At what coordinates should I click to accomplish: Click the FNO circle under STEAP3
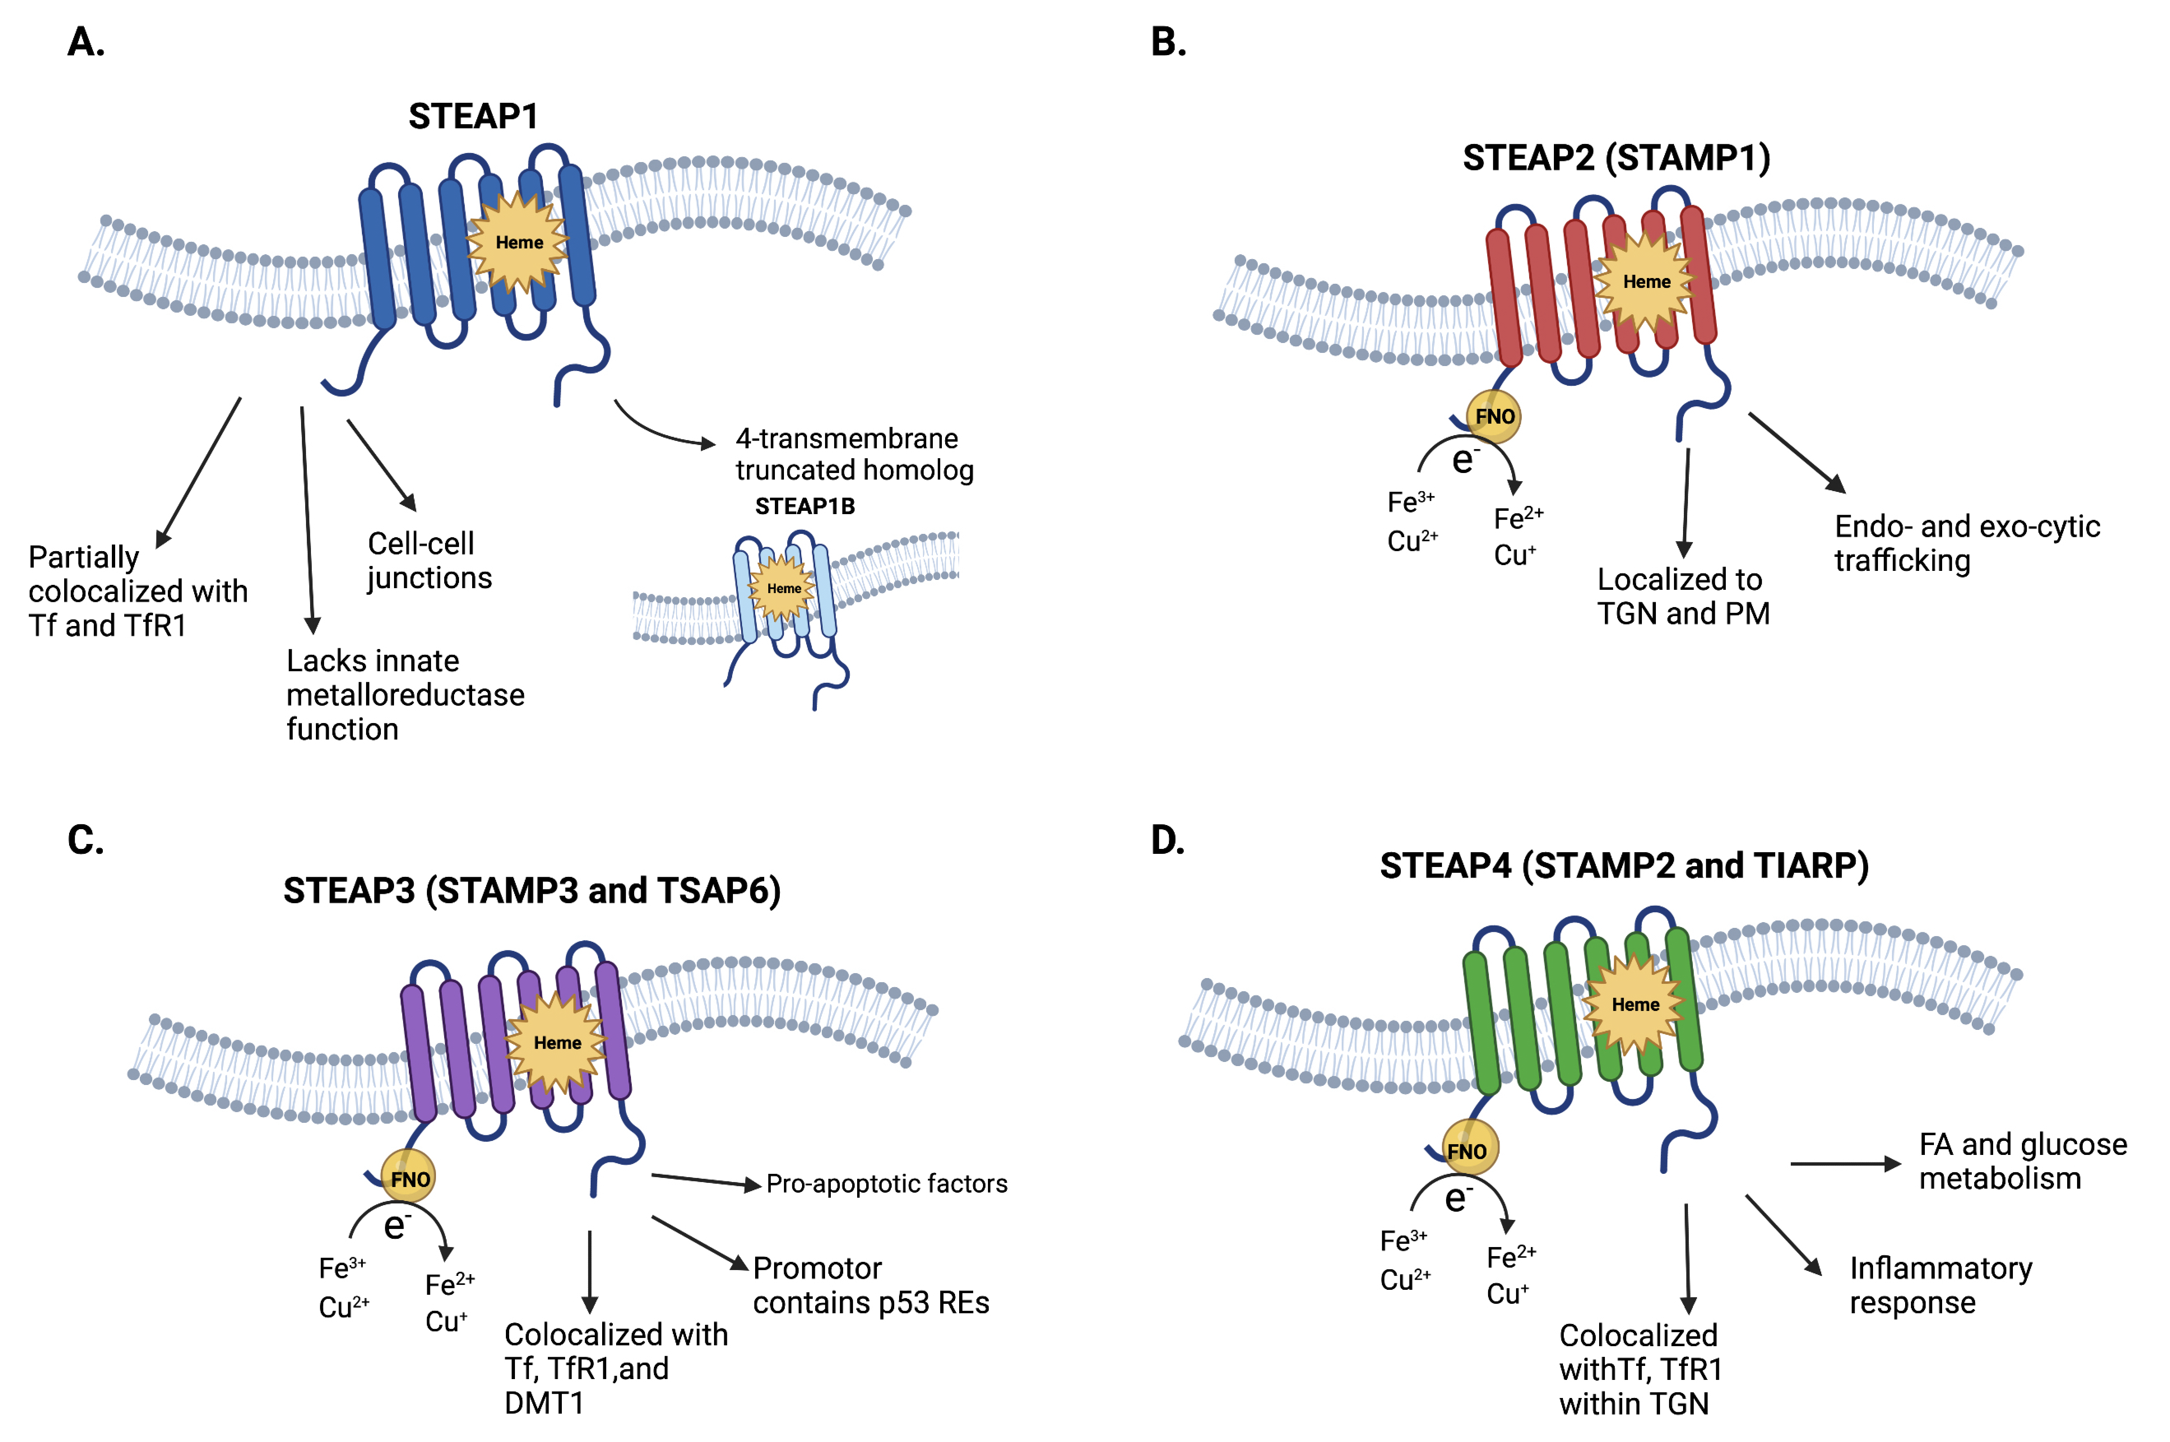click(x=409, y=1178)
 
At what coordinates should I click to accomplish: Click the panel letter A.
click(x=86, y=42)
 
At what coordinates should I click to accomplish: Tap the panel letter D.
click(x=1168, y=841)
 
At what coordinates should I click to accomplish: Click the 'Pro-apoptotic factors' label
click(x=886, y=1184)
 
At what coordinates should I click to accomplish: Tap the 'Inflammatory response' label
click(x=1940, y=1285)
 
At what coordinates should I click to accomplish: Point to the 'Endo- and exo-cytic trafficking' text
click(x=1967, y=542)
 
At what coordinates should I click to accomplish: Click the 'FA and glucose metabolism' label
click(x=2022, y=1161)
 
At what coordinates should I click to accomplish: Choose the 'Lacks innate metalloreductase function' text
click(x=405, y=694)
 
